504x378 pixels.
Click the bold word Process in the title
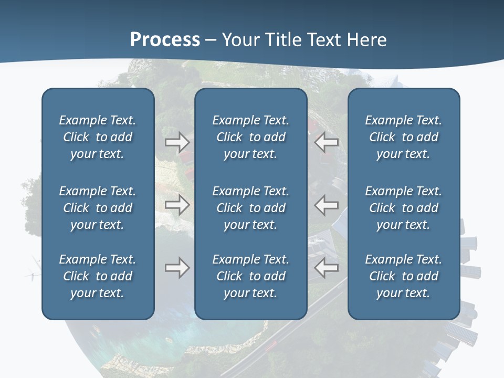pos(165,40)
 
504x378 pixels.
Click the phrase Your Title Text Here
pos(304,40)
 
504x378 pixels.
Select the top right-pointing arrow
pos(177,142)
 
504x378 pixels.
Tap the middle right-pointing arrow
pos(177,205)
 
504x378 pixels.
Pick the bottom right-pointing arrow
pos(177,268)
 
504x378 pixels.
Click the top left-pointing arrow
pos(327,142)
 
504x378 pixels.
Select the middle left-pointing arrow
pos(327,205)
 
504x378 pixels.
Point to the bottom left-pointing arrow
pos(327,268)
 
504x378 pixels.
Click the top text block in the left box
pos(98,137)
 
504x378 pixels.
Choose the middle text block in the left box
pos(98,208)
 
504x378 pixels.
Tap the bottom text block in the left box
pos(98,276)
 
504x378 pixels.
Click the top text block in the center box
pos(250,137)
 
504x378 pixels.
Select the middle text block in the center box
pos(250,208)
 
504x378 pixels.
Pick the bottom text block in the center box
pos(250,276)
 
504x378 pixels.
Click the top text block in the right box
pos(403,137)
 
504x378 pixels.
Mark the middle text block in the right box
pos(403,208)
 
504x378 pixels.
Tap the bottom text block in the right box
pos(403,276)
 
